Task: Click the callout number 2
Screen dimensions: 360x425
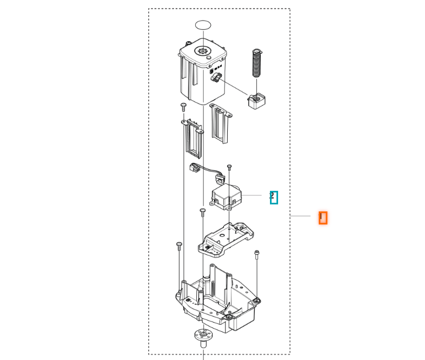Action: [273, 197]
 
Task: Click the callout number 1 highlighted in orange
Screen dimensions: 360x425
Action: [323, 217]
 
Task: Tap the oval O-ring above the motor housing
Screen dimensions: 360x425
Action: [203, 25]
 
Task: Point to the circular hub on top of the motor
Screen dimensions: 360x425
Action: [203, 52]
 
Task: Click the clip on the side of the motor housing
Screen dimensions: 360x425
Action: [216, 80]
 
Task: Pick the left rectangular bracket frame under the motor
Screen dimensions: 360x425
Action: [192, 138]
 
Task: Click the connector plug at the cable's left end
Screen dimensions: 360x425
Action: [194, 169]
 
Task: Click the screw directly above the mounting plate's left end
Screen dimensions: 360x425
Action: [203, 212]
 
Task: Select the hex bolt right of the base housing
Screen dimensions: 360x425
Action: [256, 254]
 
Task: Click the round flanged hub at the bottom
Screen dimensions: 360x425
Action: [203, 336]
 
